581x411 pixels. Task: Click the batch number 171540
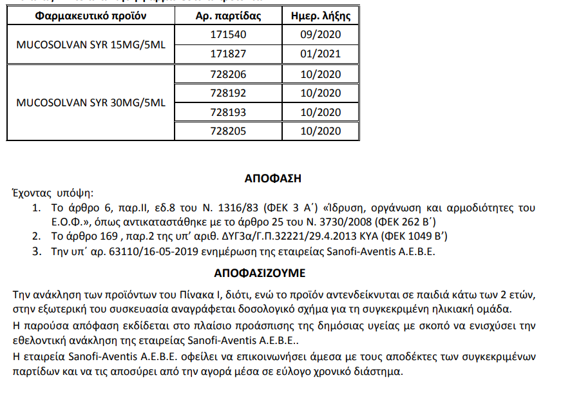tap(228, 34)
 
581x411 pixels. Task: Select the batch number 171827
tap(228, 53)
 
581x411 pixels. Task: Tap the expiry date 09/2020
tap(320, 34)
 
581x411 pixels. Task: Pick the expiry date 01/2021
tap(320, 53)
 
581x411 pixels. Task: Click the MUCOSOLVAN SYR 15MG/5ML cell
tap(91, 44)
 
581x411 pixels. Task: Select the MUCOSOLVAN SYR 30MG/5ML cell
tap(91, 102)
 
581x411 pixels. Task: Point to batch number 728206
tap(228, 74)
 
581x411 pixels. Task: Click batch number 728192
tap(228, 93)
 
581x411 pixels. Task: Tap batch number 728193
tap(228, 112)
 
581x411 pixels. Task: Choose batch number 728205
tap(228, 131)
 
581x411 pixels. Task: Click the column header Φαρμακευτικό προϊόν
tap(91, 14)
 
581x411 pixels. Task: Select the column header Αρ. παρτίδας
tap(228, 14)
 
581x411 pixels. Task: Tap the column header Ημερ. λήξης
tap(320, 14)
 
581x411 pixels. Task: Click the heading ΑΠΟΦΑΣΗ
tap(273, 178)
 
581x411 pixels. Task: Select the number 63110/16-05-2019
tap(120, 251)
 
